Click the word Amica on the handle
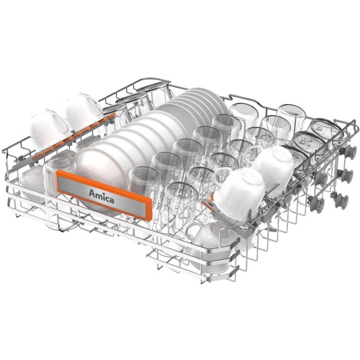101,197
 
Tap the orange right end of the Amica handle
149,209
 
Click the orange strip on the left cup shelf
73,136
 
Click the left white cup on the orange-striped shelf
49,128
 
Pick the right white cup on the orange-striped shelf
82,110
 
